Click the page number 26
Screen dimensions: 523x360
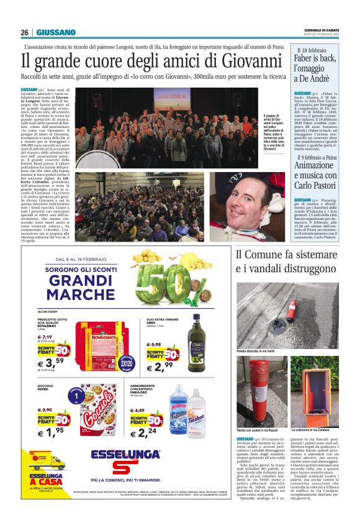[24, 32]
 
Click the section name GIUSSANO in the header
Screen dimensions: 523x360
[56, 32]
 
